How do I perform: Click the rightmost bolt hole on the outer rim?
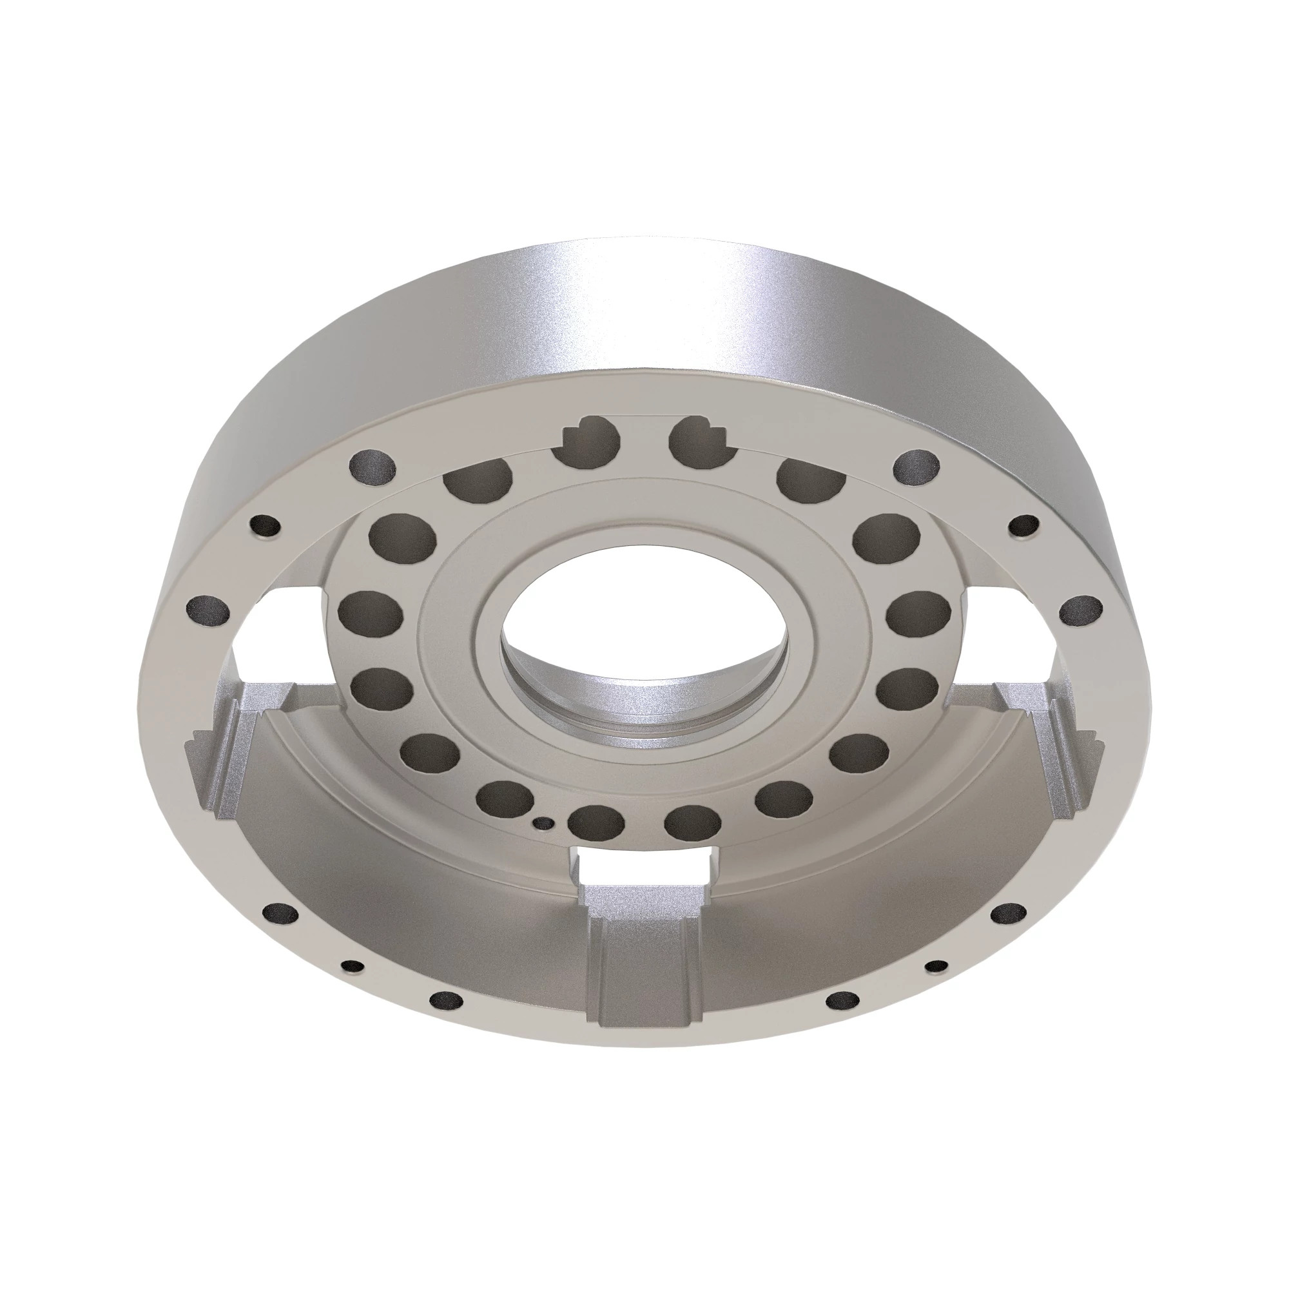click(x=1081, y=609)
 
